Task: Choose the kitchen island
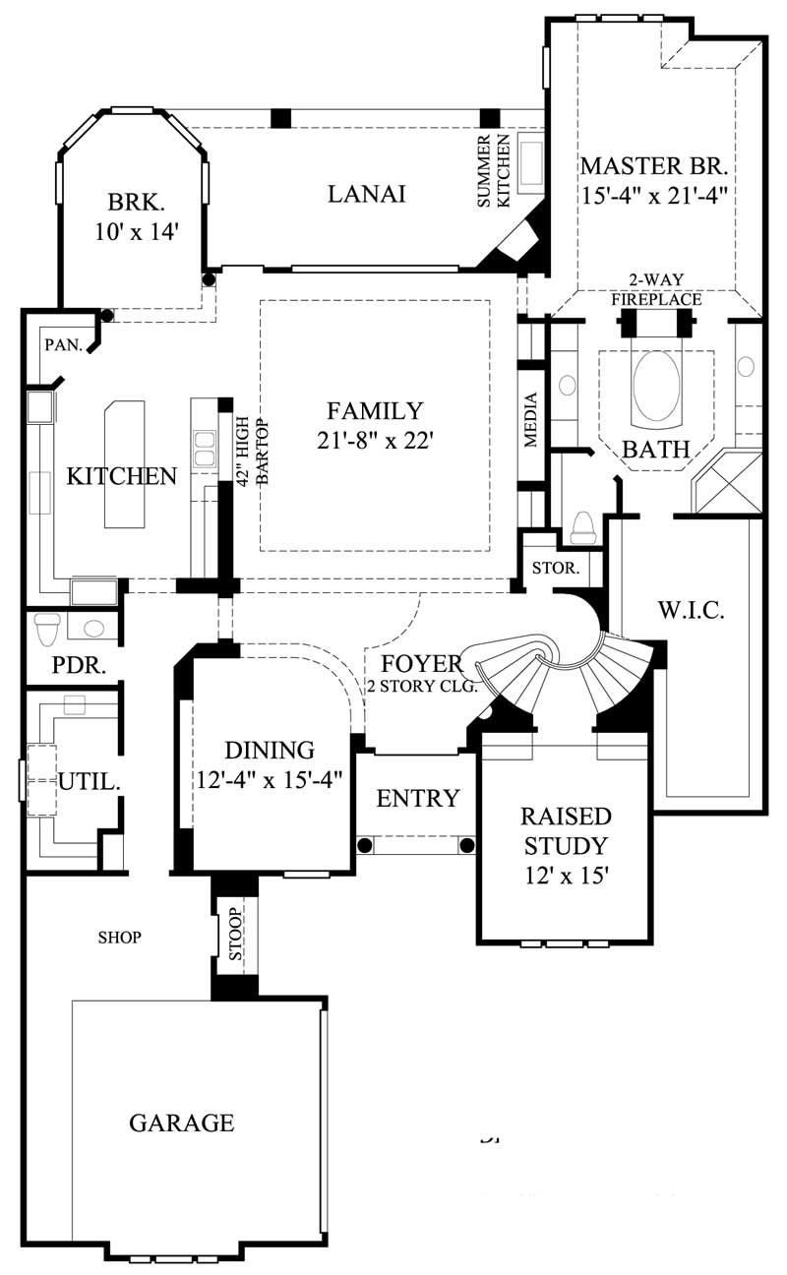click(x=124, y=463)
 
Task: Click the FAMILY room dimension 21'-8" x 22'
click(x=375, y=440)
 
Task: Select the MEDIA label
click(x=531, y=420)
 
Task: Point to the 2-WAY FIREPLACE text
click(x=656, y=290)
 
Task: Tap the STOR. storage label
click(x=554, y=569)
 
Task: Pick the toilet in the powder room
click(x=47, y=625)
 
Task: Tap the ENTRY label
click(x=418, y=798)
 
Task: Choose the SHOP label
click(x=120, y=938)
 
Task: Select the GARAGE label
click(x=182, y=1122)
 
